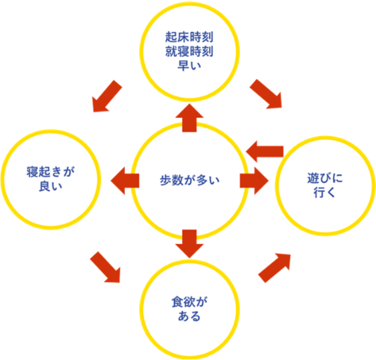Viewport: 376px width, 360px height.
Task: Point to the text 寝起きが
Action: pos(51,172)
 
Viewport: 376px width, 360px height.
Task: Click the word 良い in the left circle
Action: pos(51,185)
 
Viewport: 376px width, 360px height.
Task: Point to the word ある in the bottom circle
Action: pos(189,316)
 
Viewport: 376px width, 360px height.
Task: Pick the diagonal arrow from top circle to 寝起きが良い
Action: pos(108,95)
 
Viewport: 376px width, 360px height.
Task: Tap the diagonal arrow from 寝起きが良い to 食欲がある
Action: pos(105,268)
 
